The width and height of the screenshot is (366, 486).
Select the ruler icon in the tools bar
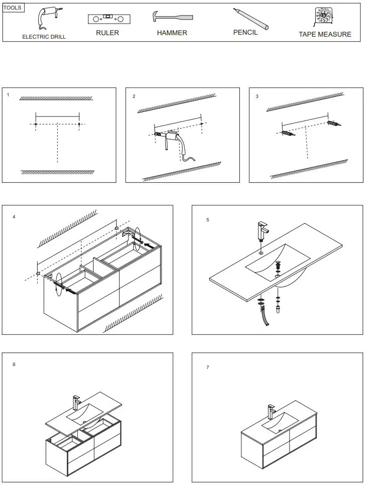click(107, 20)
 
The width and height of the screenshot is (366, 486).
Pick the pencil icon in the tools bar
click(250, 19)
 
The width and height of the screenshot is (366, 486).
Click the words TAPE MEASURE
click(325, 35)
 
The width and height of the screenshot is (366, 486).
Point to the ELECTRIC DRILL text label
click(44, 37)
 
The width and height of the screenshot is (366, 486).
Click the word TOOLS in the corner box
click(13, 8)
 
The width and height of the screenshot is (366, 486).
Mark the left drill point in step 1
click(36, 124)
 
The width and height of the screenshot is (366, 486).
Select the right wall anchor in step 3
click(334, 123)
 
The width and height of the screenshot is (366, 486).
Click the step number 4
click(14, 217)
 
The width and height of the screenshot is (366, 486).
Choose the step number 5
click(207, 220)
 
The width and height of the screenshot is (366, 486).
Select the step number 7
click(208, 368)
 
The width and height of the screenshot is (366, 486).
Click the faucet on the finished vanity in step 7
click(271, 412)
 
